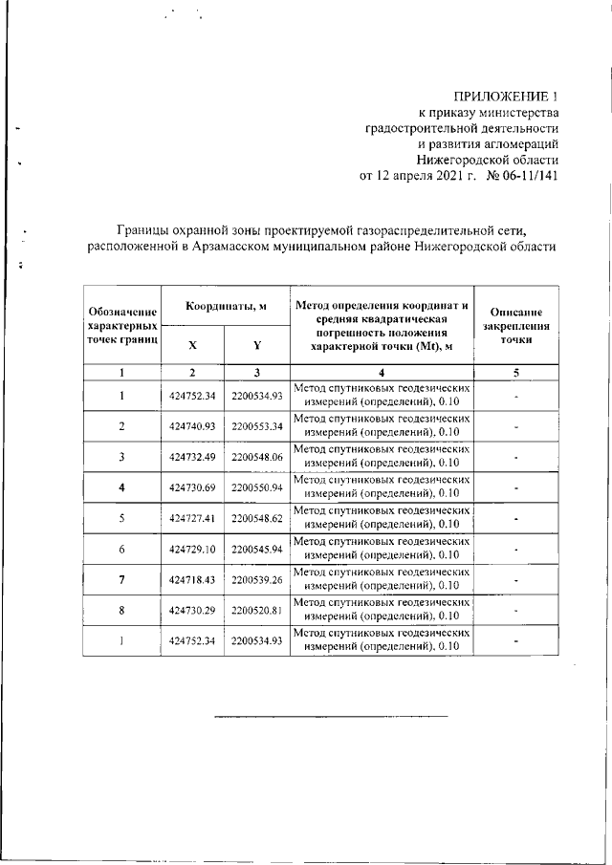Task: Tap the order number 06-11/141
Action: tap(524, 176)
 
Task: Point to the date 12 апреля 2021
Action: tap(416, 176)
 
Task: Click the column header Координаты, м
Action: tap(226, 305)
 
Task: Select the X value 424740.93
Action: tap(193, 425)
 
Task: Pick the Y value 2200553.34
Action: tap(257, 425)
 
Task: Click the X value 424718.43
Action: tap(193, 580)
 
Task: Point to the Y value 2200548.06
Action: tap(257, 457)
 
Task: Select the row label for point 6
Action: tap(122, 550)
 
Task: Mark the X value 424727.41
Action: tap(193, 519)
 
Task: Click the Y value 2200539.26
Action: tap(257, 580)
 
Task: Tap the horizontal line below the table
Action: tap(330, 714)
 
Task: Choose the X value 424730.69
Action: tap(193, 488)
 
